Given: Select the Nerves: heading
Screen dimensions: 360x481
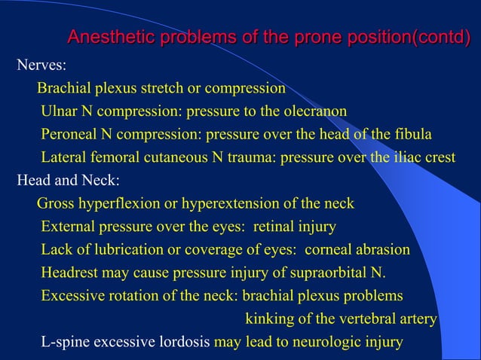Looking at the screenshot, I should point(41,66).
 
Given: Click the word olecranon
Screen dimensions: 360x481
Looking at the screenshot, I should point(314,111).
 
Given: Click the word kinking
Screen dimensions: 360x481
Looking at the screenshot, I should point(270,319).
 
